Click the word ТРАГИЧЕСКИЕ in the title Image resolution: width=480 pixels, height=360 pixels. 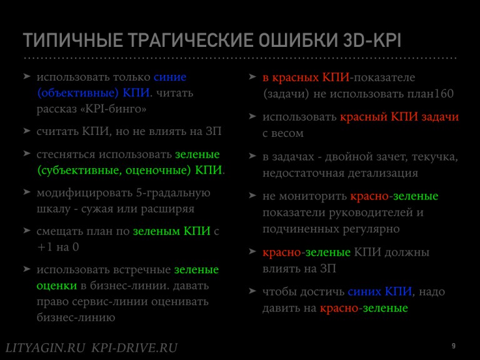(191, 40)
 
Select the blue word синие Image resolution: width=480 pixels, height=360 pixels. (170, 77)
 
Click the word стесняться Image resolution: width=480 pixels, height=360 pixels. (66, 154)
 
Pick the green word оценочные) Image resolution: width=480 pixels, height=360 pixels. (158, 170)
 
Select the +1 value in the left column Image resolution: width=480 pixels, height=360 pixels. (45, 247)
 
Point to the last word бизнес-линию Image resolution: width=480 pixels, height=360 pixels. (76, 317)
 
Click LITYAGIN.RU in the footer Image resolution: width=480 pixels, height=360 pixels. (45, 348)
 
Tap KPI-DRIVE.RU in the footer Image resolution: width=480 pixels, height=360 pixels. (134, 348)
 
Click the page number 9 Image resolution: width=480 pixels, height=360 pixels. (453, 346)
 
